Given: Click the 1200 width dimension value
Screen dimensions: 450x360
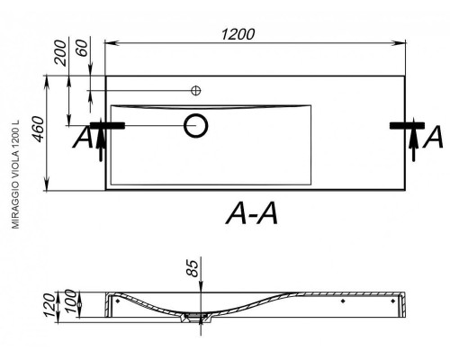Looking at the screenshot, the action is tap(238, 34).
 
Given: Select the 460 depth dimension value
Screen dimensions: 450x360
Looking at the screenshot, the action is tap(39, 130).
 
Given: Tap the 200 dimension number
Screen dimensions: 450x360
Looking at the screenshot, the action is tap(60, 52).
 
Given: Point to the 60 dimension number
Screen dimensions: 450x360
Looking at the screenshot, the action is tap(82, 48).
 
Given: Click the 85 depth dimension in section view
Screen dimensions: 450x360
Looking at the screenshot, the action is tap(193, 268).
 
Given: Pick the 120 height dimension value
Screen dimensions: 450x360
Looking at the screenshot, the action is tap(49, 305).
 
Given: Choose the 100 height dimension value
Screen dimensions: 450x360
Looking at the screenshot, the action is tap(71, 301).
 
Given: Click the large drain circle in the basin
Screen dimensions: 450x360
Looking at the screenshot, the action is tap(196, 126).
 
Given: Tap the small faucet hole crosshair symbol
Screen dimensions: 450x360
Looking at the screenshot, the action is tap(196, 90).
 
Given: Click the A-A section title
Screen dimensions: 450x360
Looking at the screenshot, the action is tap(252, 213).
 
